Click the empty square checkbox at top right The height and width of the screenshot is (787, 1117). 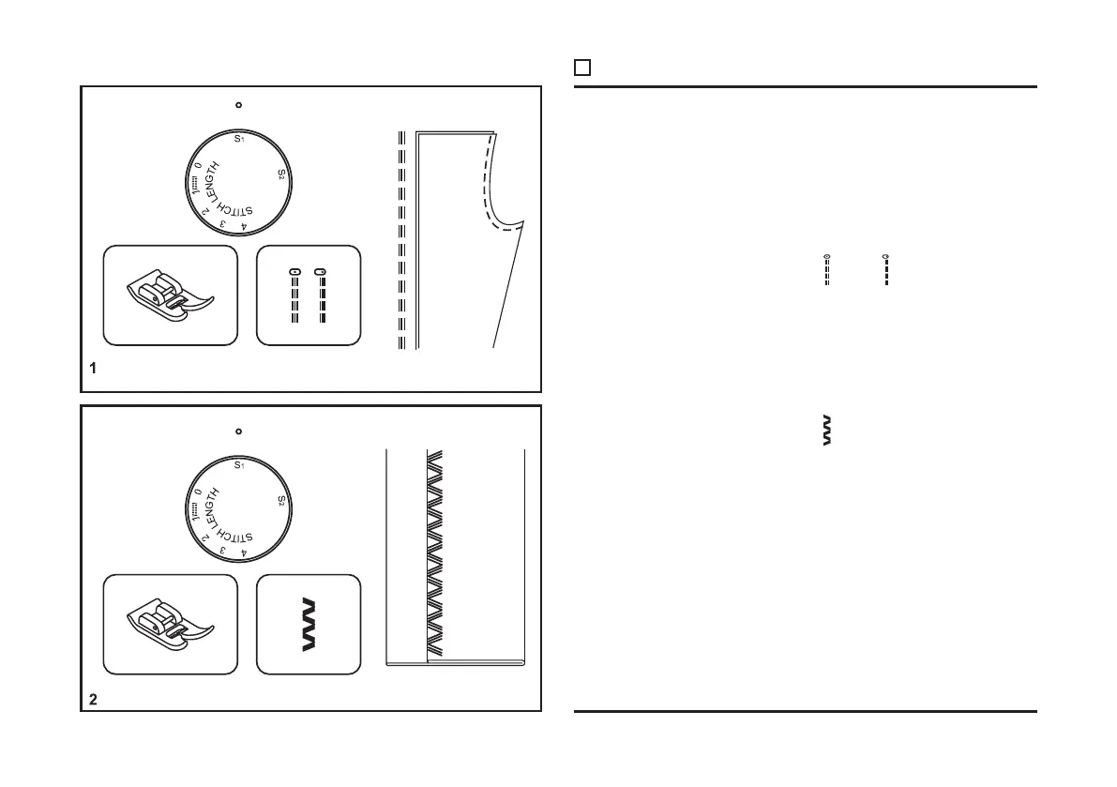(581, 68)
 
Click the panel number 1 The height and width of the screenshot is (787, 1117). (92, 370)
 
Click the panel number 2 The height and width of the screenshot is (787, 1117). (92, 699)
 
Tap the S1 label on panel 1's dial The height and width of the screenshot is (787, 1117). (239, 140)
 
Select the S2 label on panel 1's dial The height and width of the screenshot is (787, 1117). (281, 174)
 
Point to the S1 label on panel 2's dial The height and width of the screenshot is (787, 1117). (239, 466)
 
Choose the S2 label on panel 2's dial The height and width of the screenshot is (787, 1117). (281, 502)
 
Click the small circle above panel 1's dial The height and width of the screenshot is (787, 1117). (238, 104)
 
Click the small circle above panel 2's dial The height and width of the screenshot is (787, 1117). (238, 431)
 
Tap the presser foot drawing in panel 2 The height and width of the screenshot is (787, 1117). (169, 625)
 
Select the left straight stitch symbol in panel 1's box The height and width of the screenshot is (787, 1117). (294, 297)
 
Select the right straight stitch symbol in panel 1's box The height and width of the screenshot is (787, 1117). (320, 297)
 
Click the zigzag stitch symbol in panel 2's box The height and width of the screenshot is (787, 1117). (309, 625)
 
